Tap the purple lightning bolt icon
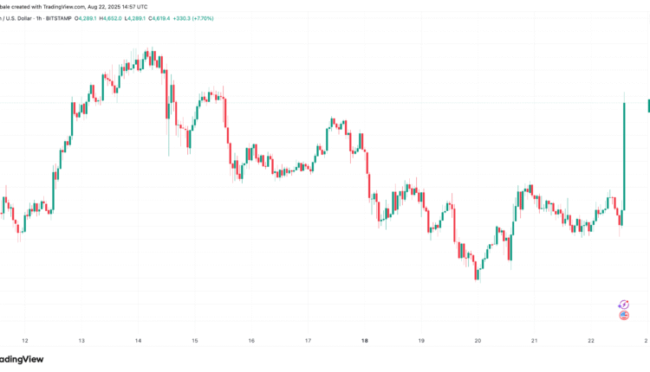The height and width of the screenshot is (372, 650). coord(623,304)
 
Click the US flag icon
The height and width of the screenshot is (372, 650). coord(623,315)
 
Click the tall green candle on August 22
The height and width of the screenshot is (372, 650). coord(623,156)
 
